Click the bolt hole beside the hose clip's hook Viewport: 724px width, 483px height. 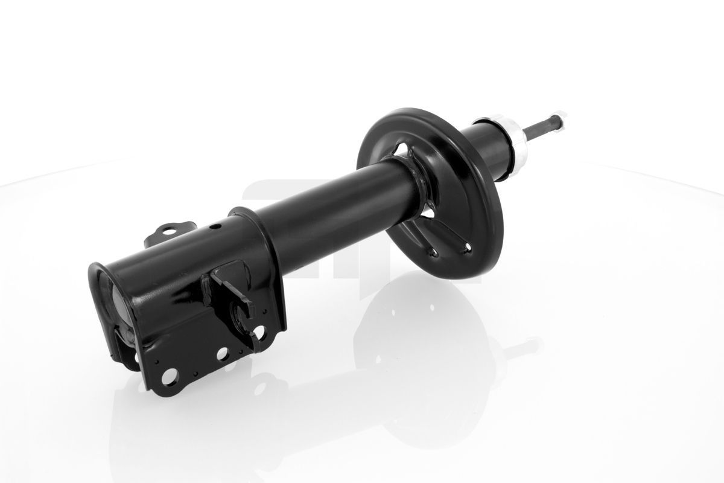259,331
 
